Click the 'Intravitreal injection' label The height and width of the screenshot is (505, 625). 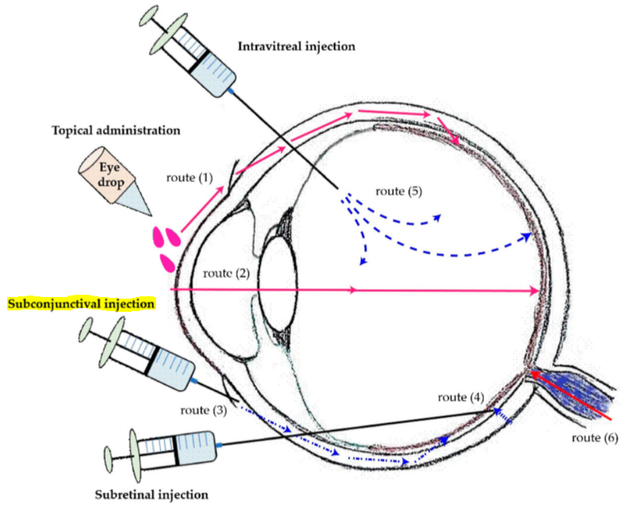point(297,47)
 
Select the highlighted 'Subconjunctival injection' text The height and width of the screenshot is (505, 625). point(81,303)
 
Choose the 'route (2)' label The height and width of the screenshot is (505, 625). point(225,274)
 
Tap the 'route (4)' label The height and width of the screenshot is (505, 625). point(462,397)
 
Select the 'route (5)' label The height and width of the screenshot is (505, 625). point(398,190)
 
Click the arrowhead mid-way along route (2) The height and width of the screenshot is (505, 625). point(354,290)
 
